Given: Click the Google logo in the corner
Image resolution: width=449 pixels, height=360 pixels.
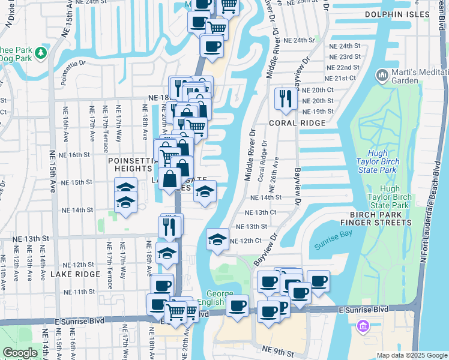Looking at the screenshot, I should tap(20, 353).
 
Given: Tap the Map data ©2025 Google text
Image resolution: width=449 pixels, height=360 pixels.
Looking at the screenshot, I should tap(411, 355).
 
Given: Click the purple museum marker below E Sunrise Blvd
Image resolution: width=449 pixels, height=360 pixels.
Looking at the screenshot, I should tap(363, 326).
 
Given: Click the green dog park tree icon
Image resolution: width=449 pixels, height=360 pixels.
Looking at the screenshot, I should tap(41, 53).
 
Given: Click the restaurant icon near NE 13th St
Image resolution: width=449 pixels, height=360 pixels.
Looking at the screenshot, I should tap(170, 226).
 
